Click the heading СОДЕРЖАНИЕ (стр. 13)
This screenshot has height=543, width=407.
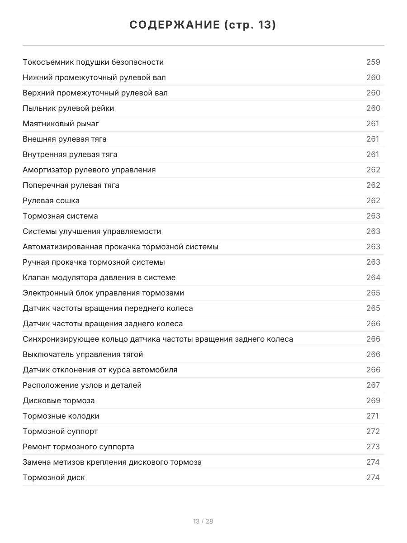coord(203,25)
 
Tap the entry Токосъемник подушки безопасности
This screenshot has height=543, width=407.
coord(93,62)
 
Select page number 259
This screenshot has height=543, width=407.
coord(373,62)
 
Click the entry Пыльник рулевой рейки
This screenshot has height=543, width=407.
coord(68,108)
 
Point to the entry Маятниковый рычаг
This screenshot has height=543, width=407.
coord(61,124)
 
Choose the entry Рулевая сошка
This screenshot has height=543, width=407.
coord(51,200)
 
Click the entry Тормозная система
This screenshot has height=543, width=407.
coord(60,216)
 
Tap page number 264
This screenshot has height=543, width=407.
coord(373,277)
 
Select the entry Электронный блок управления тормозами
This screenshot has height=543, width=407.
coord(103,293)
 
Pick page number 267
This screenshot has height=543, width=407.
coord(373,385)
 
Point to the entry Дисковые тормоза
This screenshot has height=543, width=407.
coord(59,400)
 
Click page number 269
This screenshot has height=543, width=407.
coord(373,400)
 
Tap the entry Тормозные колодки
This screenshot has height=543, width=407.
coord(61,416)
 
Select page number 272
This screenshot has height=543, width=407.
coord(373,431)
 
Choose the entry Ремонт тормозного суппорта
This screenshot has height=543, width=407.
coord(78,447)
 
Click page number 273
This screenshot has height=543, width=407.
coord(373,447)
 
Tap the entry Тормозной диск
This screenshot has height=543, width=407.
coord(54,477)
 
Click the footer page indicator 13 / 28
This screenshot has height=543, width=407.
coord(203,521)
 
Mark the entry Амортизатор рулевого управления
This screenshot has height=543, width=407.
coord(89,170)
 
